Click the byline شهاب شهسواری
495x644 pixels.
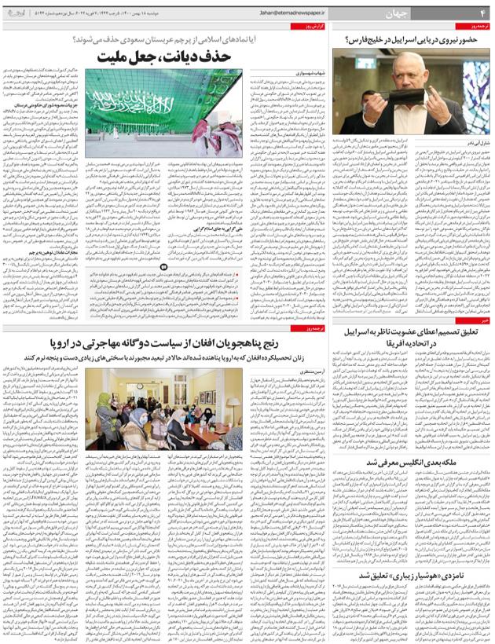tap(291, 75)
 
